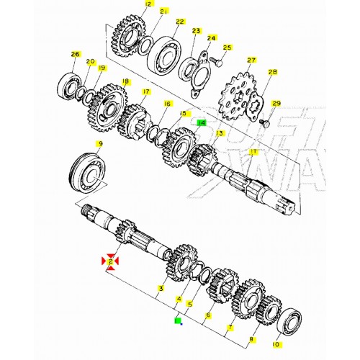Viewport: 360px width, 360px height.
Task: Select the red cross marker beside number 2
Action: pyautogui.click(x=110, y=262)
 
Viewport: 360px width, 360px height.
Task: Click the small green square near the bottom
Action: pyautogui.click(x=177, y=321)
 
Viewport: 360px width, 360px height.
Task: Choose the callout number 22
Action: pyautogui.click(x=179, y=22)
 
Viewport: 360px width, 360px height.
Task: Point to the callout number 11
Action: pyautogui.click(x=253, y=152)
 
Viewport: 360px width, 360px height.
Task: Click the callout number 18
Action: pyautogui.click(x=126, y=82)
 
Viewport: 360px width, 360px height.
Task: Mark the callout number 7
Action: pyautogui.click(x=230, y=328)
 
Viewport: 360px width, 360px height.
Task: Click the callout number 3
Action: pyautogui.click(x=161, y=289)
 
